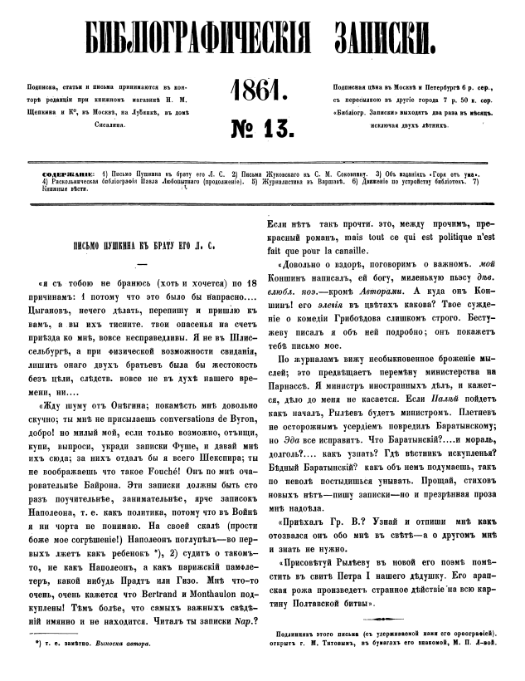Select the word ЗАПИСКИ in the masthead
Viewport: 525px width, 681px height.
[x=404, y=39]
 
